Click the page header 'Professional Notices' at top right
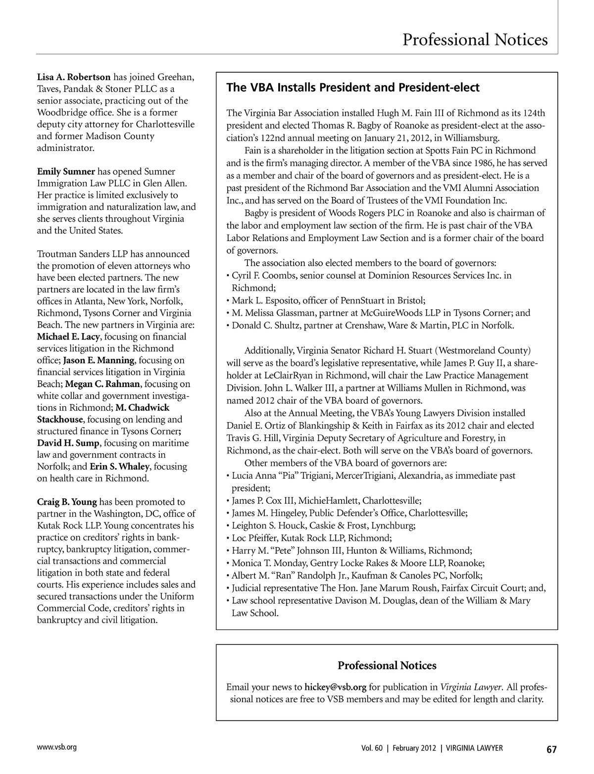(475, 40)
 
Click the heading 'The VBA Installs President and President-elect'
(352, 88)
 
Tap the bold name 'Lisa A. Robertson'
(74, 77)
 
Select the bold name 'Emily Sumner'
(66, 172)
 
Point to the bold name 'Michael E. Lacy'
(69, 337)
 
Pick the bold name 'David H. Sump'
(69, 443)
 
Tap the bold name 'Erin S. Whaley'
(120, 467)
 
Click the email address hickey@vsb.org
(335, 687)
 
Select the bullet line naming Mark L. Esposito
(326, 300)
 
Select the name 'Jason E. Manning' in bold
(99, 360)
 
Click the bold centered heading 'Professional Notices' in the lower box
(387, 666)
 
